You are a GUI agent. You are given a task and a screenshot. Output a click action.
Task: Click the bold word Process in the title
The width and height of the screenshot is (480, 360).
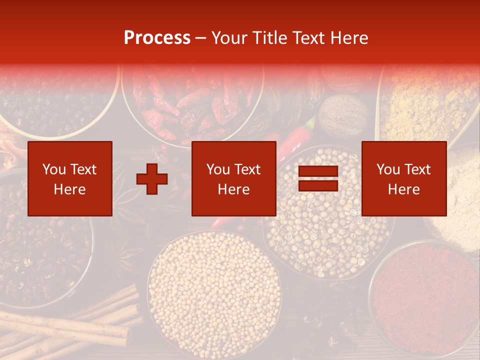[157, 38]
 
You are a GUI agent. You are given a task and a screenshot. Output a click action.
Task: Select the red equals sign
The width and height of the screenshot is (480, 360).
[318, 178]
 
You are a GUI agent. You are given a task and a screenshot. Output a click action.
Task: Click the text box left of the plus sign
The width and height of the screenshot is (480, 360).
[69, 178]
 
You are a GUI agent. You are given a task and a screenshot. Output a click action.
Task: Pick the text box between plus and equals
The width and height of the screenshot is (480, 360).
[233, 178]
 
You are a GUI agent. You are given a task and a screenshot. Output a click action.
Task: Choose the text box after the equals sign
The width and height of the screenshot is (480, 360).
[403, 178]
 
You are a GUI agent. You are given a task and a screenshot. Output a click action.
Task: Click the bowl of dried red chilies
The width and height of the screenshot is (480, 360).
[192, 102]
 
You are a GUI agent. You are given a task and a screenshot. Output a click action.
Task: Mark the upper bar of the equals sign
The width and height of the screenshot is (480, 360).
[318, 172]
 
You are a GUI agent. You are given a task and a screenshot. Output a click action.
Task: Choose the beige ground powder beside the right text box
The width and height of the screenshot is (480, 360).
[460, 195]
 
